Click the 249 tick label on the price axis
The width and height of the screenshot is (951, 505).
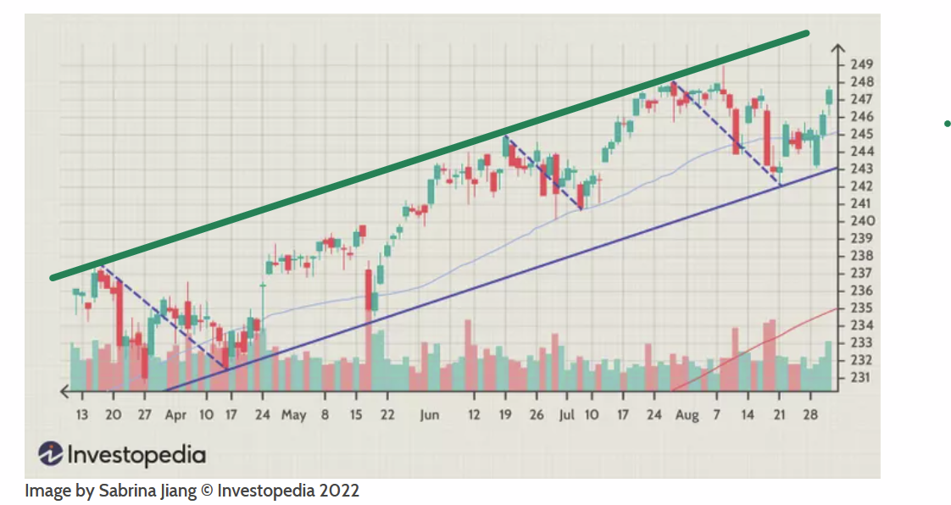(x=864, y=64)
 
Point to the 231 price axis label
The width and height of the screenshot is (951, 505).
(x=864, y=377)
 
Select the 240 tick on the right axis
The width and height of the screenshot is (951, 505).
(x=864, y=221)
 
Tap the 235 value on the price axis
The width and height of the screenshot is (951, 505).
(x=864, y=308)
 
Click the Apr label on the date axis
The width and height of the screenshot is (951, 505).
(x=175, y=415)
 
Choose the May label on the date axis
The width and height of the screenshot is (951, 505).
(x=293, y=415)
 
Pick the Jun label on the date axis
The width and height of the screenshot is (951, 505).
(x=430, y=415)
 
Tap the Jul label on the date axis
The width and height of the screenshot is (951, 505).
(x=567, y=415)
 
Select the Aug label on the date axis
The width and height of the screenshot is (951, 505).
(x=687, y=415)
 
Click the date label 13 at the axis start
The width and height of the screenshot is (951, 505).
(x=82, y=415)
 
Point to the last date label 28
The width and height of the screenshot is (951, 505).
(x=809, y=415)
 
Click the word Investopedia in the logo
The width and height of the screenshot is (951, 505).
(x=136, y=455)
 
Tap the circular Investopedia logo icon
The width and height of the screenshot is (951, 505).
(x=52, y=454)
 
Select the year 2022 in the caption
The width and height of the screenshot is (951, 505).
(x=339, y=491)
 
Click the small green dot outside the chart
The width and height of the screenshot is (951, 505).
(x=947, y=125)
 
